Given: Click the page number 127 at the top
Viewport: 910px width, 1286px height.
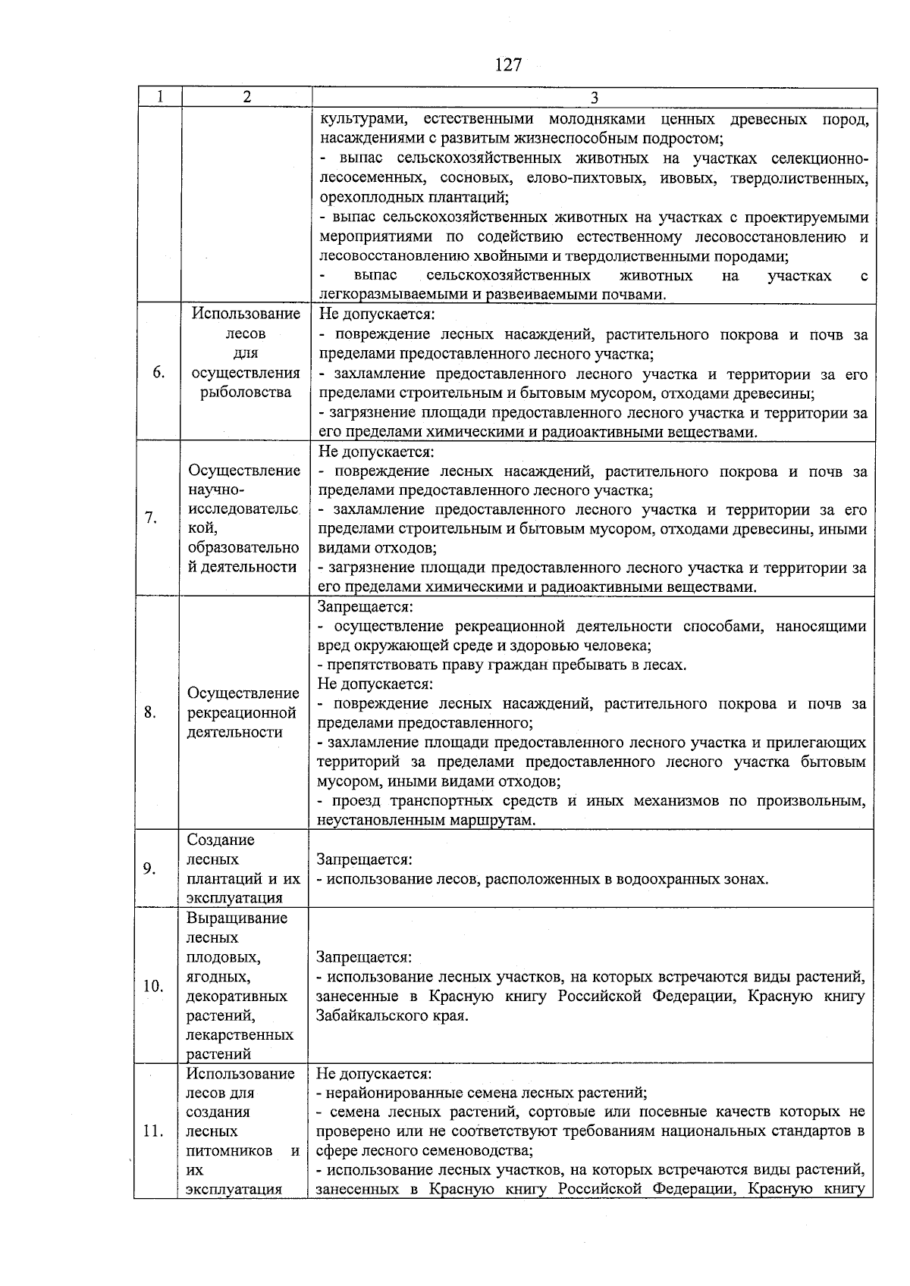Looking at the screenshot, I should coord(508,65).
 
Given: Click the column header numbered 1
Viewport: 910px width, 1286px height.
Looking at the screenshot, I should coord(160,97).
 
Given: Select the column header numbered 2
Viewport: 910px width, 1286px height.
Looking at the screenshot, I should coord(247,97).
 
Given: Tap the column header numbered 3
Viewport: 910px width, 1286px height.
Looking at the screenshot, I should coord(594,98).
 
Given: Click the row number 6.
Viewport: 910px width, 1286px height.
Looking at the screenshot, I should coord(158,372).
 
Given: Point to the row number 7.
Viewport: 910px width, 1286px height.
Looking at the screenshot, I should coord(151,518).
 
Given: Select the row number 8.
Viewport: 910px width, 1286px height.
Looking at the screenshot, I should coord(150,712).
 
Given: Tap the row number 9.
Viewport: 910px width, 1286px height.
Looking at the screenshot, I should coord(150,868).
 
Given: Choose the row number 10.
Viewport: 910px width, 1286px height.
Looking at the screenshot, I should coord(153,986).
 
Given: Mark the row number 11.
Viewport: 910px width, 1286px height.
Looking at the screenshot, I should coord(153,1131).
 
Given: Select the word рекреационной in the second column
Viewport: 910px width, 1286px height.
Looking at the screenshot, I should coord(241,713).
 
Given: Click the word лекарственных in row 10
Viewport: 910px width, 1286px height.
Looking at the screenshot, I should coord(240,1034).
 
